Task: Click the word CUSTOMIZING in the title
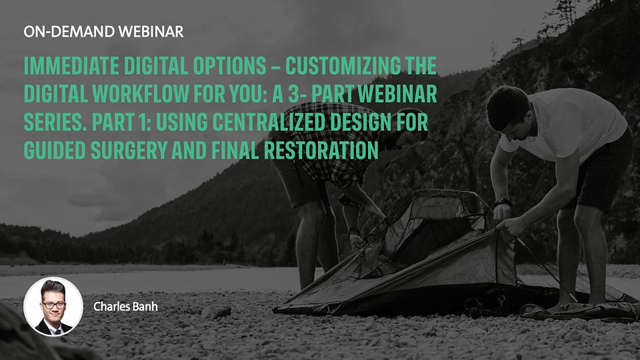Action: tap(343, 66)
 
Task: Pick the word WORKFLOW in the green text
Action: tap(141, 94)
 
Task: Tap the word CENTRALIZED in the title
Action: tap(269, 122)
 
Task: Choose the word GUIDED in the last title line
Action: tap(55, 150)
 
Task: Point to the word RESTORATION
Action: tap(321, 150)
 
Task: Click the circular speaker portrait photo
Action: tap(53, 307)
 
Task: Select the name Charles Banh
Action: tap(126, 307)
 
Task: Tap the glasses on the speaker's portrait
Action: tap(53, 305)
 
